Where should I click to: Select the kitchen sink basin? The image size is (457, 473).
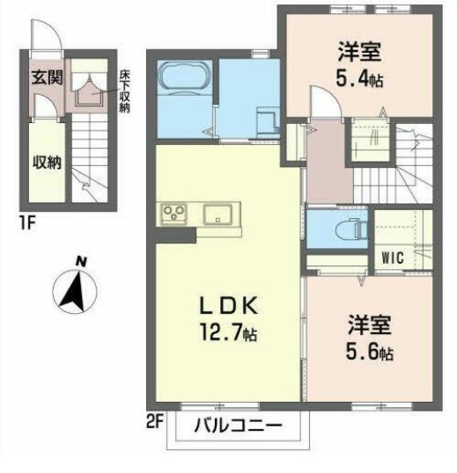pos(217,214)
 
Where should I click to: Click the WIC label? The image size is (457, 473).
pos(393,258)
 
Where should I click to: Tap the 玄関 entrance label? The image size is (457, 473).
pos(47,77)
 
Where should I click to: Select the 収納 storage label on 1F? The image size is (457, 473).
pos(47,163)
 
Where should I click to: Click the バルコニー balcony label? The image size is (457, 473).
pos(239,426)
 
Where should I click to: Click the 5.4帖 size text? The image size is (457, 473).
pos(359,79)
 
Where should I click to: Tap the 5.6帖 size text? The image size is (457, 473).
pos(370,352)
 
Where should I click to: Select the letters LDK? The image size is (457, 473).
pos(229,305)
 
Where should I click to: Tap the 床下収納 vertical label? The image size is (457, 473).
pos(124,91)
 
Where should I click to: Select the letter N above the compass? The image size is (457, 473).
pos(80,261)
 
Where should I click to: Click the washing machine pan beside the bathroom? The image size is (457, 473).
pos(268,121)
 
